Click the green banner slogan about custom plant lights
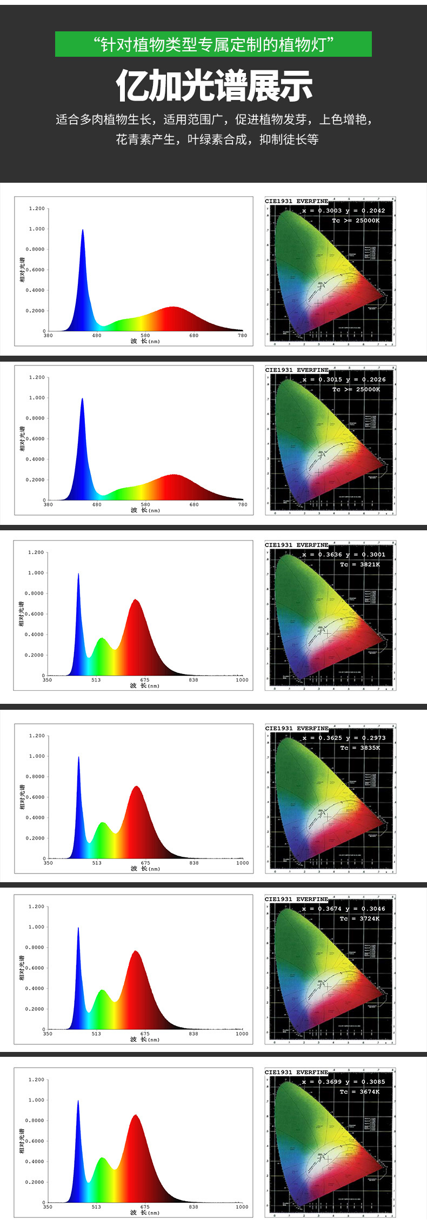213,44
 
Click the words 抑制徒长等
289,139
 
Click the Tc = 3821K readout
359,564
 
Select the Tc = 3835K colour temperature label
360,748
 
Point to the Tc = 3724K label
359,918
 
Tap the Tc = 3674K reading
359,1091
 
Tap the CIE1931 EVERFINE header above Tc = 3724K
296,899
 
